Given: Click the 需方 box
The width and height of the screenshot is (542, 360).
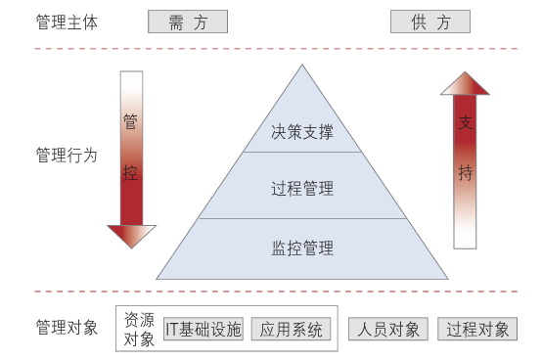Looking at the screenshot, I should [188, 22].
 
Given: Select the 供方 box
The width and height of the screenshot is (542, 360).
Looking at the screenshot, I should [429, 22].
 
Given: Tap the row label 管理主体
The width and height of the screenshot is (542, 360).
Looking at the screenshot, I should [67, 22].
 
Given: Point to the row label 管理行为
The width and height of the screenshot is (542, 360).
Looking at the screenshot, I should [67, 155].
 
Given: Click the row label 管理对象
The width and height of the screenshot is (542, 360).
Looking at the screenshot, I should [67, 328].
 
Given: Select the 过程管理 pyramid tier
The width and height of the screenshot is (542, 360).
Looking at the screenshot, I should [302, 188].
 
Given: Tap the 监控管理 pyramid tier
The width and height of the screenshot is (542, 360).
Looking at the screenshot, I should [302, 247].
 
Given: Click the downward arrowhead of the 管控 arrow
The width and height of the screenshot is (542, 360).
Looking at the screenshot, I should [131, 236].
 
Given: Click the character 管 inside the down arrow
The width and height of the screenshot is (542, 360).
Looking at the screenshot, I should [131, 122].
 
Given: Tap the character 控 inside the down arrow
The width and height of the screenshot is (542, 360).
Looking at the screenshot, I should [131, 173].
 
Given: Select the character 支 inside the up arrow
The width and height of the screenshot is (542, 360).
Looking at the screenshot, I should [466, 124].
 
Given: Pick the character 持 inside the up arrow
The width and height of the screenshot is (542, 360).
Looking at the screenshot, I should [466, 173].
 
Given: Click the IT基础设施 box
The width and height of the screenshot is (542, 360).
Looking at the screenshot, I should [203, 330].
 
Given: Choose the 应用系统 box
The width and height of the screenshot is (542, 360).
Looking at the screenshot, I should [291, 330].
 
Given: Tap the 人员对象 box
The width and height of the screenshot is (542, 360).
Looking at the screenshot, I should [388, 330].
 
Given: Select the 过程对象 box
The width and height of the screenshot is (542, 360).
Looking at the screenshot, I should [477, 330].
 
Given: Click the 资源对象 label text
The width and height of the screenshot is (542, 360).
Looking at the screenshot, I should [140, 330].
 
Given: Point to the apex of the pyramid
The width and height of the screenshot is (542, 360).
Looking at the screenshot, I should [302, 67].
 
